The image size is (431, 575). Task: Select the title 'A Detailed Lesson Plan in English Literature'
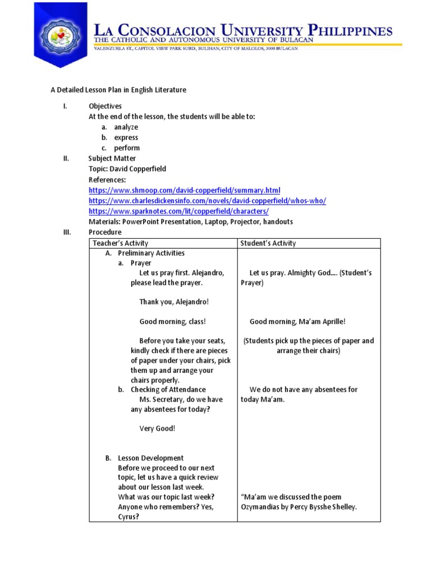point(118,90)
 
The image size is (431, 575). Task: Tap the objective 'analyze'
point(126,127)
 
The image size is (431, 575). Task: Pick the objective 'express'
point(126,138)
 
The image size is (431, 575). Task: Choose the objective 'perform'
point(127,148)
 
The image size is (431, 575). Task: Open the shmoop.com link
point(184,190)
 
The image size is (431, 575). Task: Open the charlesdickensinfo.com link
point(207,200)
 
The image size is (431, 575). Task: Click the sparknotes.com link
point(178,211)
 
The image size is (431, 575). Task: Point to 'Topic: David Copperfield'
point(127,169)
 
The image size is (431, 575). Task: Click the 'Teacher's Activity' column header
point(121,243)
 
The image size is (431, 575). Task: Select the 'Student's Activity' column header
point(268,243)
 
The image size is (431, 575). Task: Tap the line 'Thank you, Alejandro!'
point(174,302)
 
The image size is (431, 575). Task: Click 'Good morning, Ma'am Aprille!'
point(297,322)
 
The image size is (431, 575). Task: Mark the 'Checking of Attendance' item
point(168,390)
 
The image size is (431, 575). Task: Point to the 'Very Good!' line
point(157,428)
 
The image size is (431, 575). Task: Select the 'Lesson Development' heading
point(150,458)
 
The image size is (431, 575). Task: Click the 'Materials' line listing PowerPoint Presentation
point(191,222)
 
